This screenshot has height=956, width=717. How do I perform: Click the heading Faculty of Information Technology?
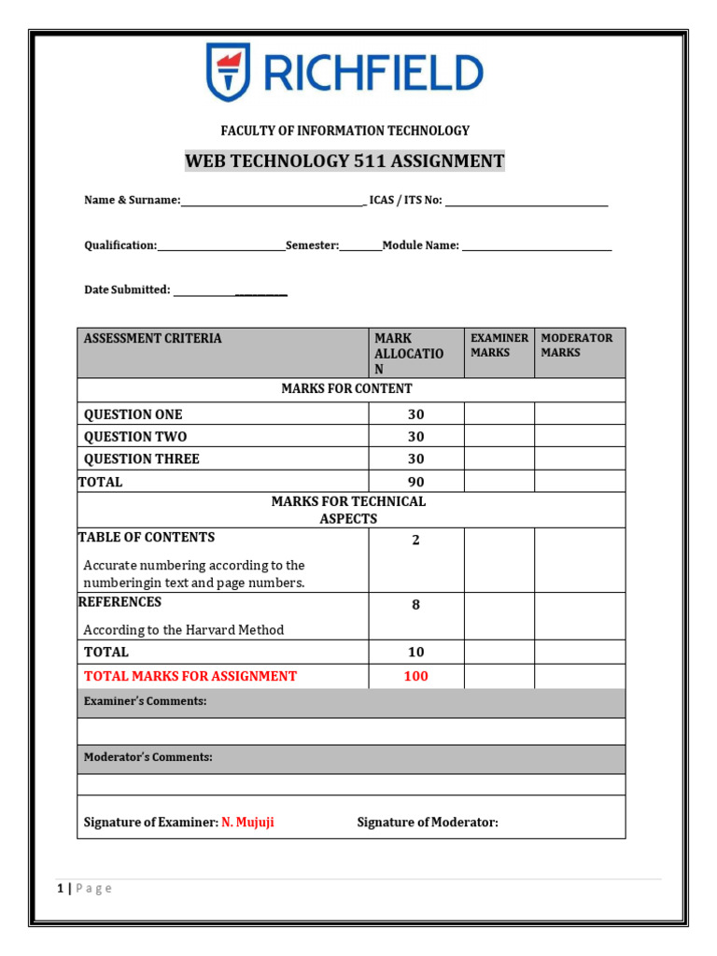click(344, 131)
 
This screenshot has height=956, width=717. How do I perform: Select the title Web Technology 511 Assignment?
click(344, 162)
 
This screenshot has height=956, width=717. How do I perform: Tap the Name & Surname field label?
click(132, 201)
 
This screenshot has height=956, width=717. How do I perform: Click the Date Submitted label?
click(127, 290)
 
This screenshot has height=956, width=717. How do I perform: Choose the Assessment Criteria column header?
click(153, 339)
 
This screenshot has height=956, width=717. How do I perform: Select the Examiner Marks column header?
click(499, 345)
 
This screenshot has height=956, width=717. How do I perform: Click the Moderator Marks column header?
click(577, 345)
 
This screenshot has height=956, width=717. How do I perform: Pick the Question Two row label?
click(135, 437)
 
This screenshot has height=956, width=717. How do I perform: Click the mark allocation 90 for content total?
click(415, 483)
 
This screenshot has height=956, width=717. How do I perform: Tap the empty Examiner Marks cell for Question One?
click(499, 415)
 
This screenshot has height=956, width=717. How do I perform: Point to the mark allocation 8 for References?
click(415, 605)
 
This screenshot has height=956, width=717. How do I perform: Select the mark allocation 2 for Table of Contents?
click(415, 541)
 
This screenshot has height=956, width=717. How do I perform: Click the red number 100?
click(415, 677)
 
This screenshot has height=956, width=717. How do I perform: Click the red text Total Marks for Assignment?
click(190, 677)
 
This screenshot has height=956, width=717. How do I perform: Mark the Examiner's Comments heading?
click(145, 701)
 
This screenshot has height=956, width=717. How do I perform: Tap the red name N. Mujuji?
click(247, 822)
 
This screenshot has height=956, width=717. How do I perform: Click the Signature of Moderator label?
click(428, 822)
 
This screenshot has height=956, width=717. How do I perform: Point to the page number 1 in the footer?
click(61, 889)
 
